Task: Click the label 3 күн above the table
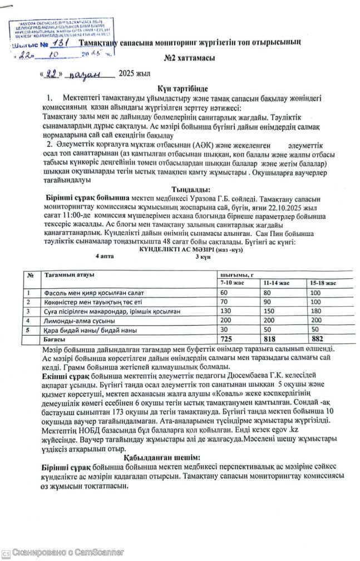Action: click(x=202, y=257)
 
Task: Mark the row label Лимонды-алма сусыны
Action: click(x=78, y=321)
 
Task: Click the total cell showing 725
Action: click(x=226, y=338)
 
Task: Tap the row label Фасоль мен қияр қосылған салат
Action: click(x=92, y=293)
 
